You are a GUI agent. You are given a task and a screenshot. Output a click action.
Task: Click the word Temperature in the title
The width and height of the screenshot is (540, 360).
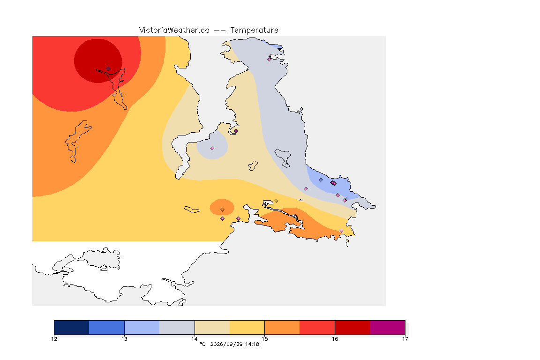click(254, 30)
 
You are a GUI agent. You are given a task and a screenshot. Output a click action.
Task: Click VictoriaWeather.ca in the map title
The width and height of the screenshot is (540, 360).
click(174, 30)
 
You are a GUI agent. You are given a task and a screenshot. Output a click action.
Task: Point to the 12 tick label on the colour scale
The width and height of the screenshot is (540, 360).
click(54, 339)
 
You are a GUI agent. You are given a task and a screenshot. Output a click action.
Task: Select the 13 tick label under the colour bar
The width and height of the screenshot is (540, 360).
click(124, 339)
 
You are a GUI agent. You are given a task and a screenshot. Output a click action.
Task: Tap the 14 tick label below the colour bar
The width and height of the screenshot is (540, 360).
click(195, 339)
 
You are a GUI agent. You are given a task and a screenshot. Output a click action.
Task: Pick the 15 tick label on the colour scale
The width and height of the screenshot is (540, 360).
click(264, 339)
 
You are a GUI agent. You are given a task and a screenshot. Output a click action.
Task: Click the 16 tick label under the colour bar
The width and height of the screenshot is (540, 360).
click(335, 339)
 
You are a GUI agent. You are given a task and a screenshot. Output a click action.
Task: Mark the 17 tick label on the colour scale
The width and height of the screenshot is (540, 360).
click(405, 339)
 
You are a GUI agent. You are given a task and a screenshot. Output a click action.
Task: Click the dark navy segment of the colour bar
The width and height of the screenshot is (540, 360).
click(72, 327)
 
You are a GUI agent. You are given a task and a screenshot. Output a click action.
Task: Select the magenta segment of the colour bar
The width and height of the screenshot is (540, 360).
click(388, 327)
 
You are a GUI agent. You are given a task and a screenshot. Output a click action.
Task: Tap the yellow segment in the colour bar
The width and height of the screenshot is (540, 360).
click(247, 327)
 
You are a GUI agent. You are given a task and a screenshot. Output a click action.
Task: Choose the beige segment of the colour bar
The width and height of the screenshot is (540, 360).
click(212, 327)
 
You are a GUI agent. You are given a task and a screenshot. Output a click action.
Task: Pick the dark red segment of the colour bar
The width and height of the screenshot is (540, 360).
click(352, 327)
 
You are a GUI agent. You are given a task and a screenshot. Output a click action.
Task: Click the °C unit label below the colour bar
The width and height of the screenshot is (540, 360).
click(202, 344)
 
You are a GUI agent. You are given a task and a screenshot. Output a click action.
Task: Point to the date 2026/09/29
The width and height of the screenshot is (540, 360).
click(226, 344)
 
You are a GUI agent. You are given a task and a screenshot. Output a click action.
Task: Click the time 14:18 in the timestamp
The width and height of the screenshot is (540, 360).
click(252, 344)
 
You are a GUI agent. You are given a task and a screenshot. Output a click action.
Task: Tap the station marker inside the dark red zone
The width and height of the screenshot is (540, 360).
click(108, 69)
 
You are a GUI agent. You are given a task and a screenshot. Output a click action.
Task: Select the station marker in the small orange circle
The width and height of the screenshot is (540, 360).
click(223, 210)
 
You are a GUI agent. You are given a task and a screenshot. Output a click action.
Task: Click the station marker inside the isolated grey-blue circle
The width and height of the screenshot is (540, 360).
click(212, 149)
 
